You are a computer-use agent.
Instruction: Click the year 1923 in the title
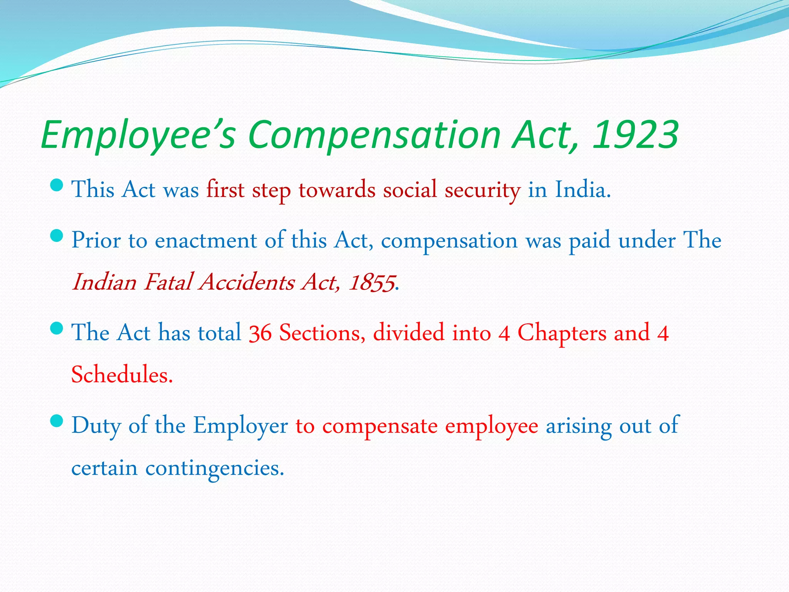[x=635, y=135]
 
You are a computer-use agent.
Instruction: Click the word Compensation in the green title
[x=374, y=135]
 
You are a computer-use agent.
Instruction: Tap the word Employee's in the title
[x=138, y=135]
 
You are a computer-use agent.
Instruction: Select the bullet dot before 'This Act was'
[x=57, y=185]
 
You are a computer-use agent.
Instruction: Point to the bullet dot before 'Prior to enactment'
[x=57, y=235]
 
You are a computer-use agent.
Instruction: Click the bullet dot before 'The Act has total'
[x=57, y=328]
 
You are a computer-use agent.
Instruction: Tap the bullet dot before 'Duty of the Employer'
[x=57, y=421]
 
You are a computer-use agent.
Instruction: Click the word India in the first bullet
[x=583, y=190]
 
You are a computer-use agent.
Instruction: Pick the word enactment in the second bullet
[x=206, y=240]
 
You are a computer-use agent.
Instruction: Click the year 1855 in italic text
[x=372, y=282]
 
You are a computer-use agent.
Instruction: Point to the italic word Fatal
[x=168, y=282]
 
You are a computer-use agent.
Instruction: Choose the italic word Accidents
[x=247, y=282]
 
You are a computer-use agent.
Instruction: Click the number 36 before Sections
[x=260, y=333]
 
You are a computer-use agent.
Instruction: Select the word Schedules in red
[x=122, y=375]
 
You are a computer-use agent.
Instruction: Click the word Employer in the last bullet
[x=240, y=426]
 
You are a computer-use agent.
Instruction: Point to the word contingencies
[x=215, y=468]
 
